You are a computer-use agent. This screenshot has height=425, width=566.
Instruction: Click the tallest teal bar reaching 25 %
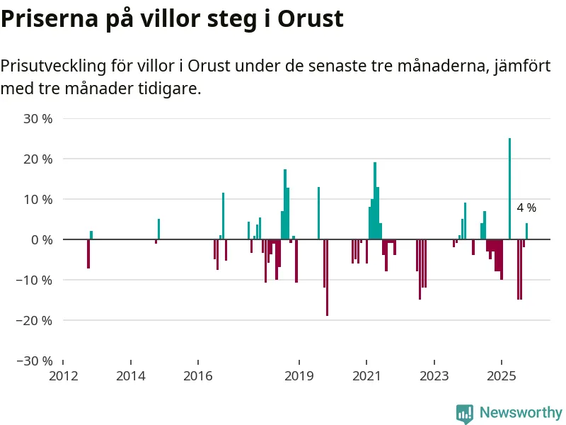(x=509, y=189)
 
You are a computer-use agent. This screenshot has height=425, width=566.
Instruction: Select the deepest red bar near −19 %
(x=327, y=278)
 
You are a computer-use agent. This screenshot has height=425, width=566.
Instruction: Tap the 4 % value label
(x=526, y=208)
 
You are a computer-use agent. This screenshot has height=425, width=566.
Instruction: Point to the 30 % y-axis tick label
(x=38, y=119)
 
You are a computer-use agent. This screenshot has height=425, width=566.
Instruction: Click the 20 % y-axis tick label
(x=38, y=159)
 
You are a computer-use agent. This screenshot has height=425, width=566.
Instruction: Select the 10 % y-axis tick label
(x=38, y=200)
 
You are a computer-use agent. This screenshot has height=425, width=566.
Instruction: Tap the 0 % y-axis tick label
(x=42, y=240)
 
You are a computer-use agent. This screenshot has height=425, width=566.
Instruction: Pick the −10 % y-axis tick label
(x=35, y=280)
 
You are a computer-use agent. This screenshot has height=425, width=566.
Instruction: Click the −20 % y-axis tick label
(x=35, y=320)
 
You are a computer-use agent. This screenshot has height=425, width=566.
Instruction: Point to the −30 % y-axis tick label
(x=35, y=361)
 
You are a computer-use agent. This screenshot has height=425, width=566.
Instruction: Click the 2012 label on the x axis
(x=63, y=375)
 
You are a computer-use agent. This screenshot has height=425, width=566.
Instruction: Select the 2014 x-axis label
(x=130, y=375)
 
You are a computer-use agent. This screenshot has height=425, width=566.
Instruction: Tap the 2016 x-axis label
(x=197, y=375)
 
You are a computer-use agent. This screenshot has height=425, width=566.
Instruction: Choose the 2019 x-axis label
(x=299, y=375)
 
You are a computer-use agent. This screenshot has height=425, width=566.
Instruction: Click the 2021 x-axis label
(x=366, y=375)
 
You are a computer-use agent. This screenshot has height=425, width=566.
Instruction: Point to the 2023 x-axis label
(x=434, y=375)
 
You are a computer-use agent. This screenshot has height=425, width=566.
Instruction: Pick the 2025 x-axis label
(x=501, y=375)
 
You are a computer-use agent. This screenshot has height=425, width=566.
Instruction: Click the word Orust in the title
(x=310, y=19)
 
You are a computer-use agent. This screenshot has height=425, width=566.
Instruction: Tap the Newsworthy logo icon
(x=464, y=413)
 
